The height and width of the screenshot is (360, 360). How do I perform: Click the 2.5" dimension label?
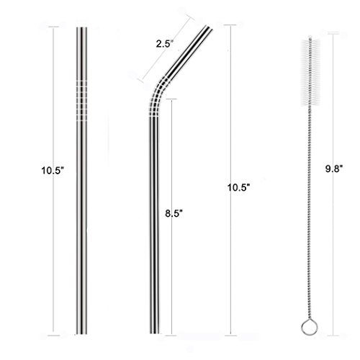pyautogui.click(x=165, y=44)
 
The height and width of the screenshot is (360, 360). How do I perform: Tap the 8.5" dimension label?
pyautogui.click(x=174, y=213)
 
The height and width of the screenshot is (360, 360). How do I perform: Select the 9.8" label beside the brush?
pyautogui.click(x=334, y=169)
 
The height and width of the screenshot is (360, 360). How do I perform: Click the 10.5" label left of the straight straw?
pyautogui.click(x=53, y=171)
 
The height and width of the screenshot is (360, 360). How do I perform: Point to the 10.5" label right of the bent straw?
pyautogui.click(x=239, y=187)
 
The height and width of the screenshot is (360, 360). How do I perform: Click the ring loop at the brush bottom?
pyautogui.click(x=310, y=327)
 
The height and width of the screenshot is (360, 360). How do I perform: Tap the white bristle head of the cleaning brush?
pyautogui.click(x=310, y=72)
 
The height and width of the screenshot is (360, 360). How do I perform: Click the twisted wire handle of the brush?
pyautogui.click(x=310, y=214)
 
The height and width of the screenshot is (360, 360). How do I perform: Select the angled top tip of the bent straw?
pyautogui.click(x=208, y=27)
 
